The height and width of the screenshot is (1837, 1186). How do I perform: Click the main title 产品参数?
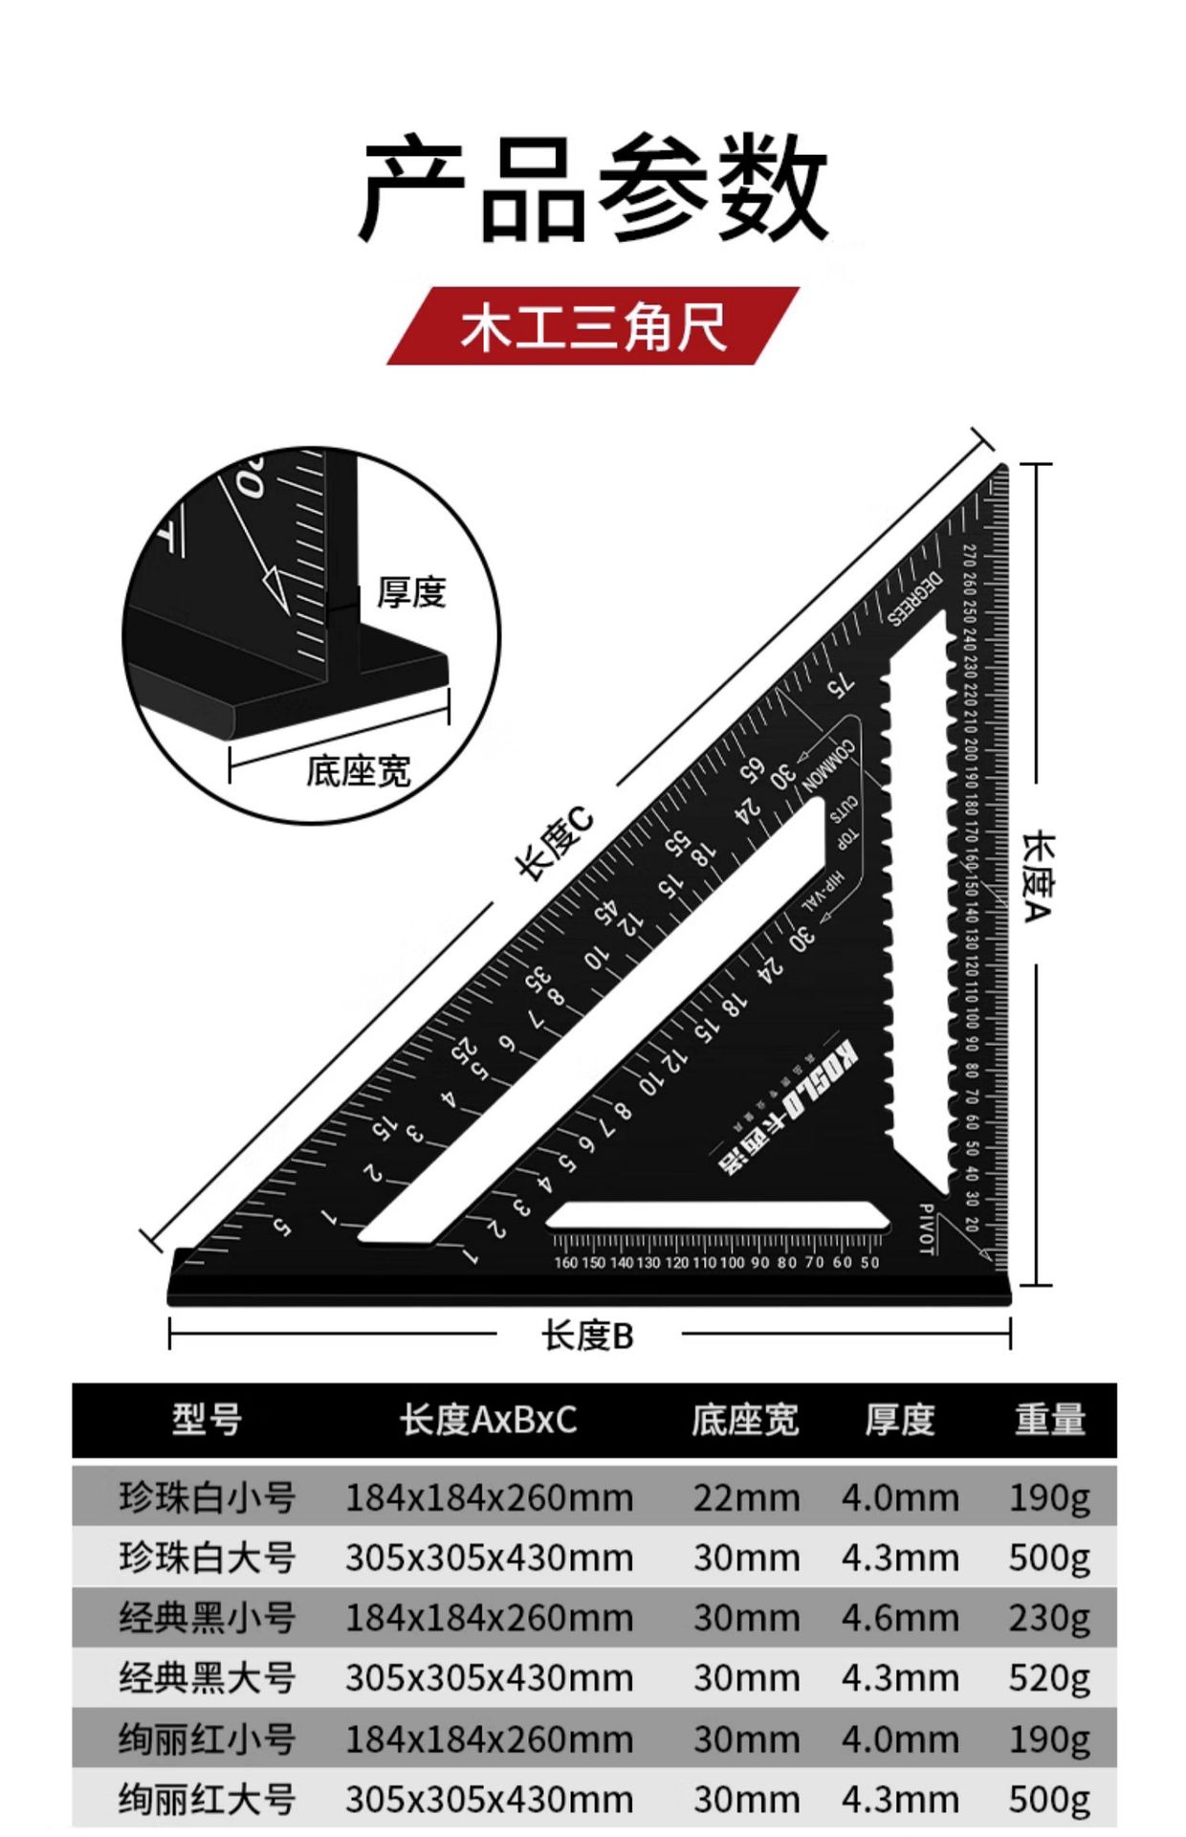tap(592, 188)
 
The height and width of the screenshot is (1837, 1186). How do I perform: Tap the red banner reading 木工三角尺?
tap(592, 326)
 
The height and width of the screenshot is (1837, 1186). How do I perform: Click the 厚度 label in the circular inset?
tap(411, 592)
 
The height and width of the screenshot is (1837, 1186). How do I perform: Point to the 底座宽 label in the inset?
tap(358, 770)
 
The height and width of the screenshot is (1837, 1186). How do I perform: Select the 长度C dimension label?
tap(554, 843)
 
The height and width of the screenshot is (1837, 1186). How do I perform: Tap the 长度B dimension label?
tap(587, 1336)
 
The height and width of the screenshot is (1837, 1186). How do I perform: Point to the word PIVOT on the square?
tap(925, 1229)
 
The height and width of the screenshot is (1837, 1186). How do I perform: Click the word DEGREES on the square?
tap(914, 597)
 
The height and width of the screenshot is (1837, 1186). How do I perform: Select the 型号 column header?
tap(207, 1419)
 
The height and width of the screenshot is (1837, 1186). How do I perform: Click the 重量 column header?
tap(1049, 1419)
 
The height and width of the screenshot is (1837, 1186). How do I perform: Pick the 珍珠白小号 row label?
tap(207, 1497)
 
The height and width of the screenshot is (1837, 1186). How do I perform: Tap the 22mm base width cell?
tap(746, 1498)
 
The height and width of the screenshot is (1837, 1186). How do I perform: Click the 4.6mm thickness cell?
tap(899, 1618)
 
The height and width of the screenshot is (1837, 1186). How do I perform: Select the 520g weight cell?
tap(1049, 1678)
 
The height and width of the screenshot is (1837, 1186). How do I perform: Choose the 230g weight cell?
tap(1049, 1618)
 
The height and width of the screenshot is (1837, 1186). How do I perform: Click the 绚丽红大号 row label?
tap(207, 1800)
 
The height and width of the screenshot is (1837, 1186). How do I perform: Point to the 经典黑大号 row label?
tap(207, 1678)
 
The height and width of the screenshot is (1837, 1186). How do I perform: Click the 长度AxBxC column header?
tap(489, 1420)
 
